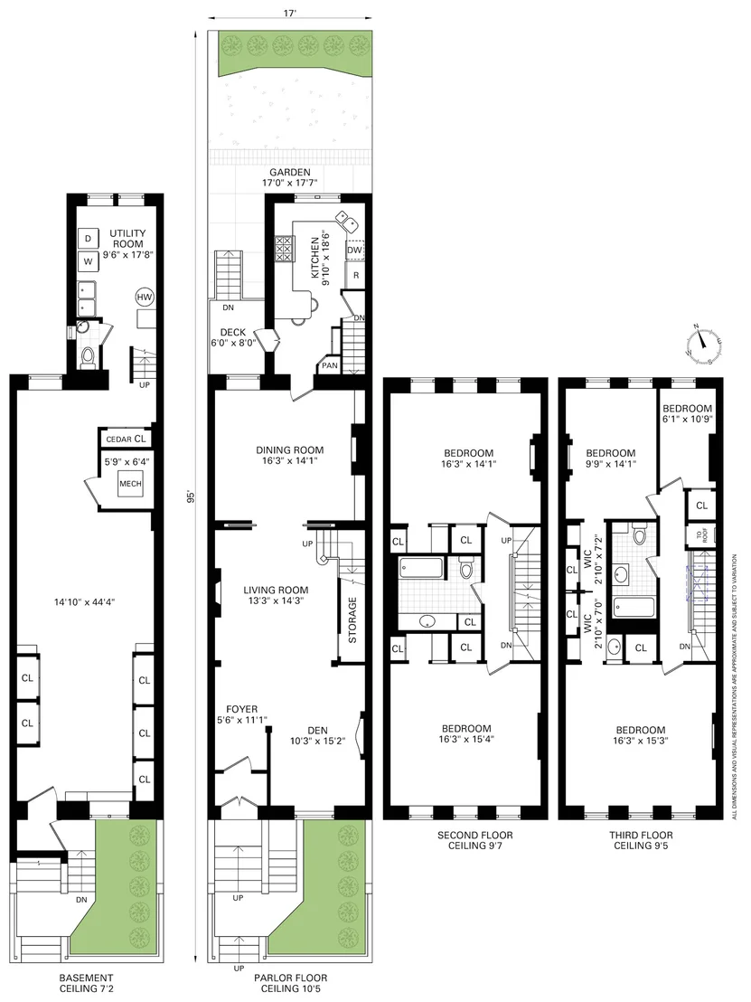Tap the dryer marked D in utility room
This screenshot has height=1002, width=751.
coord(88,239)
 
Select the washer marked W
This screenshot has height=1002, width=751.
coord(88,261)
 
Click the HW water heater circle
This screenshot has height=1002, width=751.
coord(145,298)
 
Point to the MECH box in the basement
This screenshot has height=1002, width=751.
coord(130,484)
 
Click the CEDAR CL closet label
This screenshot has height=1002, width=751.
coord(126,439)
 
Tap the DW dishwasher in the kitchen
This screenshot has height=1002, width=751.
coord(354,250)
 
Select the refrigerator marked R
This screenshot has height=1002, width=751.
coord(355,276)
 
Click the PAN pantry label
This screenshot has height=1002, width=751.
coord(330,366)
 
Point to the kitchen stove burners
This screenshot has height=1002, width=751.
coord(285,249)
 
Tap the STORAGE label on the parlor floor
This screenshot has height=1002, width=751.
coord(352,619)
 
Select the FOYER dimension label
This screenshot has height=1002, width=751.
coord(242,714)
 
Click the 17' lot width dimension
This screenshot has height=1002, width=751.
coord(290,13)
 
